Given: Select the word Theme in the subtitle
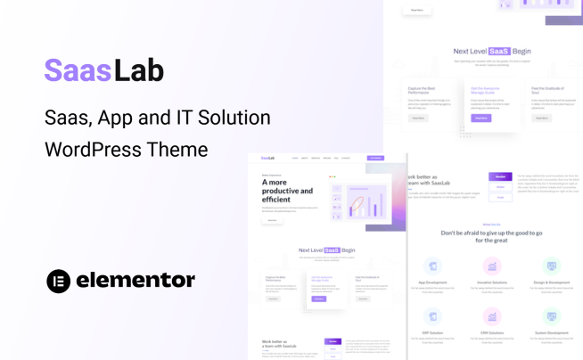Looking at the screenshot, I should coord(184,150).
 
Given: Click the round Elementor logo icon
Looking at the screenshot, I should coord(59,281).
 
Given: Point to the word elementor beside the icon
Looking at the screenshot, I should coord(135,281).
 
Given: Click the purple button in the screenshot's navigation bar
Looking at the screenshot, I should coord(375,159).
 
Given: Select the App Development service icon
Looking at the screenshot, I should coord(432,266).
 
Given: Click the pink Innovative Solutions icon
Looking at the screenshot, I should coord(491,266).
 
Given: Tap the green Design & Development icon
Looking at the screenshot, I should coord(551,266).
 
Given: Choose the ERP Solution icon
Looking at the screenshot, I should coord(432,315).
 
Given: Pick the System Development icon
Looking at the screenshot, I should coord(551,315).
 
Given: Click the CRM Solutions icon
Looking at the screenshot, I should coord(491,315).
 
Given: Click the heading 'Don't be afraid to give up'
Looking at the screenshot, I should coord(491,235).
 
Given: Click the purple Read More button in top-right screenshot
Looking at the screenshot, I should coord(481,117).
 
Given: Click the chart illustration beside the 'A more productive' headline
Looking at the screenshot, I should coord(365,201).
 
